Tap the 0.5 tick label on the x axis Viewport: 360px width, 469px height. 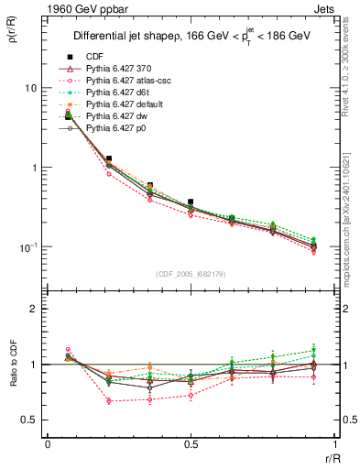191,444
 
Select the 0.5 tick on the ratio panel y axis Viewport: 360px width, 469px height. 31,420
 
